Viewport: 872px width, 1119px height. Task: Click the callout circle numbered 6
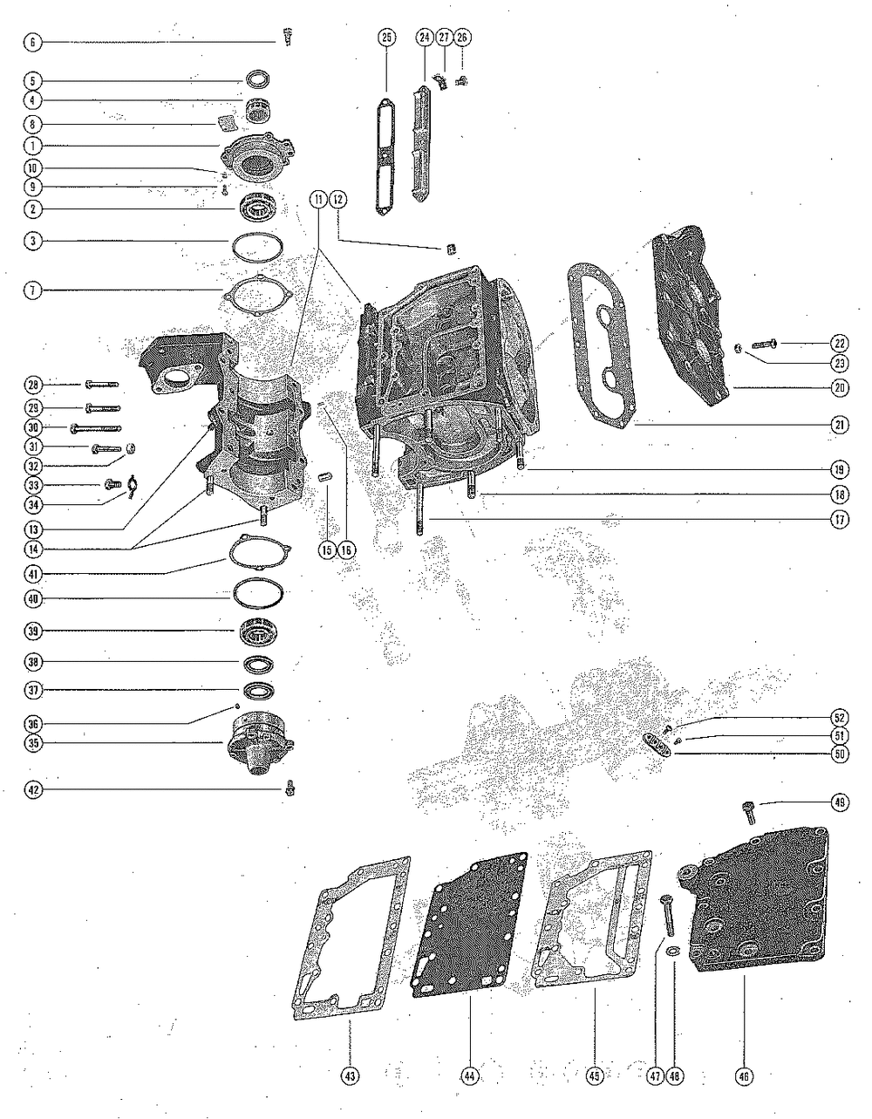coord(32,41)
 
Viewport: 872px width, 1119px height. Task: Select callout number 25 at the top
coord(386,37)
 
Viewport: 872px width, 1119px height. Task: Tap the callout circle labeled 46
coord(746,1077)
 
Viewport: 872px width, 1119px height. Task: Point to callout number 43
coord(350,1077)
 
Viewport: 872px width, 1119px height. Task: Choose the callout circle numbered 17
coord(839,522)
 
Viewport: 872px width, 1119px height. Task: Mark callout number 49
coord(839,803)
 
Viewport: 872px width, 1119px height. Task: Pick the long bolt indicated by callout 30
coord(96,427)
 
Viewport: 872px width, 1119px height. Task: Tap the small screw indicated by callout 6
coord(286,36)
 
